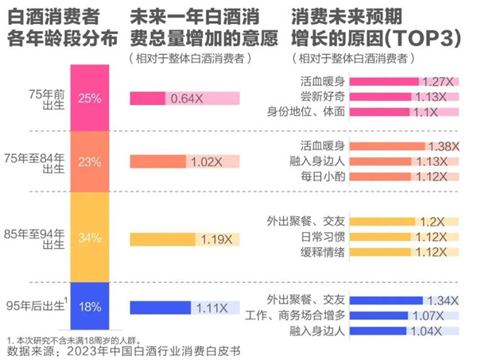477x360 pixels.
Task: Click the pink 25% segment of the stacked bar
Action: [89, 98]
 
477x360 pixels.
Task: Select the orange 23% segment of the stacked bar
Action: [89, 161]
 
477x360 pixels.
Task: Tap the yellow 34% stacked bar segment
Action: [89, 238]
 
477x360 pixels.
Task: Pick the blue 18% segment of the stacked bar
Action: [89, 306]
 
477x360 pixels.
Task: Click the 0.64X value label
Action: [184, 99]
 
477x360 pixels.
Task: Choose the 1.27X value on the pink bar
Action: [435, 81]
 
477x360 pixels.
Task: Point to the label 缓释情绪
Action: [323, 253]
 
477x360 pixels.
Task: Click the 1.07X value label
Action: [433, 315]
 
